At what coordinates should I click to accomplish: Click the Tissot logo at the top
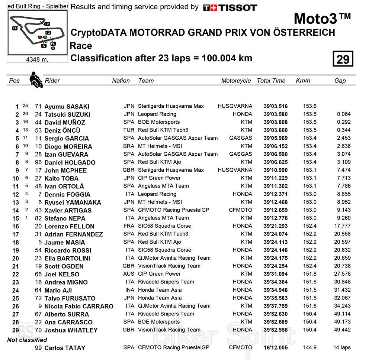[x=230, y=7]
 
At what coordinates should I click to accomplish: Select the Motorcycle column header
[x=236, y=81]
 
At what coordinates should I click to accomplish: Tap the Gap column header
[x=340, y=81]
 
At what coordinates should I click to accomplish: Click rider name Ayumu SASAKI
[x=67, y=107]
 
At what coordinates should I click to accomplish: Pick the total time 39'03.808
[x=275, y=122]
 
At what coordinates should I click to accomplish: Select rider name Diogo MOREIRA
[x=68, y=146]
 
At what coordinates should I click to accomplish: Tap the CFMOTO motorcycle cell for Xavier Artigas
[x=240, y=210]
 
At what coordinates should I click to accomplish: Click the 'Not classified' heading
[x=27, y=340]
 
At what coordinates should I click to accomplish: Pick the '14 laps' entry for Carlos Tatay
[x=342, y=348]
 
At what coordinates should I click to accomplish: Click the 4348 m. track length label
[x=37, y=59]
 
